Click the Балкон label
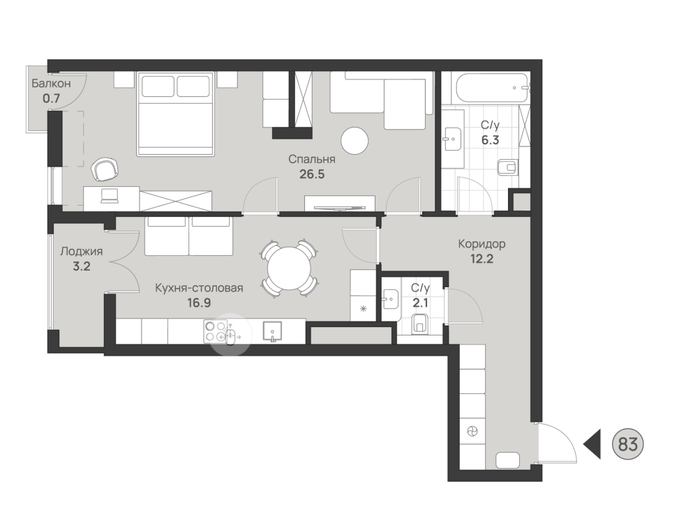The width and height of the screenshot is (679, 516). (51, 83)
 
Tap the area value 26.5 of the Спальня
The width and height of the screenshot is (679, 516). (312, 174)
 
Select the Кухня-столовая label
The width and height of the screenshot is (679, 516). (199, 287)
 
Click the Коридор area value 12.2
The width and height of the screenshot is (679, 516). (482, 259)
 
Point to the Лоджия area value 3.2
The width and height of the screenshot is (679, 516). (82, 266)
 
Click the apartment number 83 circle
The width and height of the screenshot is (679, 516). (627, 444)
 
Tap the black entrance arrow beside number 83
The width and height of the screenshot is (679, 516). (592, 444)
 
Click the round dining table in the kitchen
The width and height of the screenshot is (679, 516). (290, 268)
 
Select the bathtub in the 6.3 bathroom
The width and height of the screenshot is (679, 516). (491, 88)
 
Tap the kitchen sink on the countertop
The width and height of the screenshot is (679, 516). (272, 331)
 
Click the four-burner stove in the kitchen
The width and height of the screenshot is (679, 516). (216, 331)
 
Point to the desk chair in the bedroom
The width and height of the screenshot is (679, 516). (105, 169)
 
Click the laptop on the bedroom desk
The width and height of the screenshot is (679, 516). (109, 196)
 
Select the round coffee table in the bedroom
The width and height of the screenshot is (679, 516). (355, 141)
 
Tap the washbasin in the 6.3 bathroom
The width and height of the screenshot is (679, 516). (453, 138)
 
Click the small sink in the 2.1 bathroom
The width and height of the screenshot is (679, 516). (390, 298)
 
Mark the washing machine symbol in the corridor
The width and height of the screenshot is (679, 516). (472, 431)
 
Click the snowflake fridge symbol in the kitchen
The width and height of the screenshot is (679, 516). (364, 308)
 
